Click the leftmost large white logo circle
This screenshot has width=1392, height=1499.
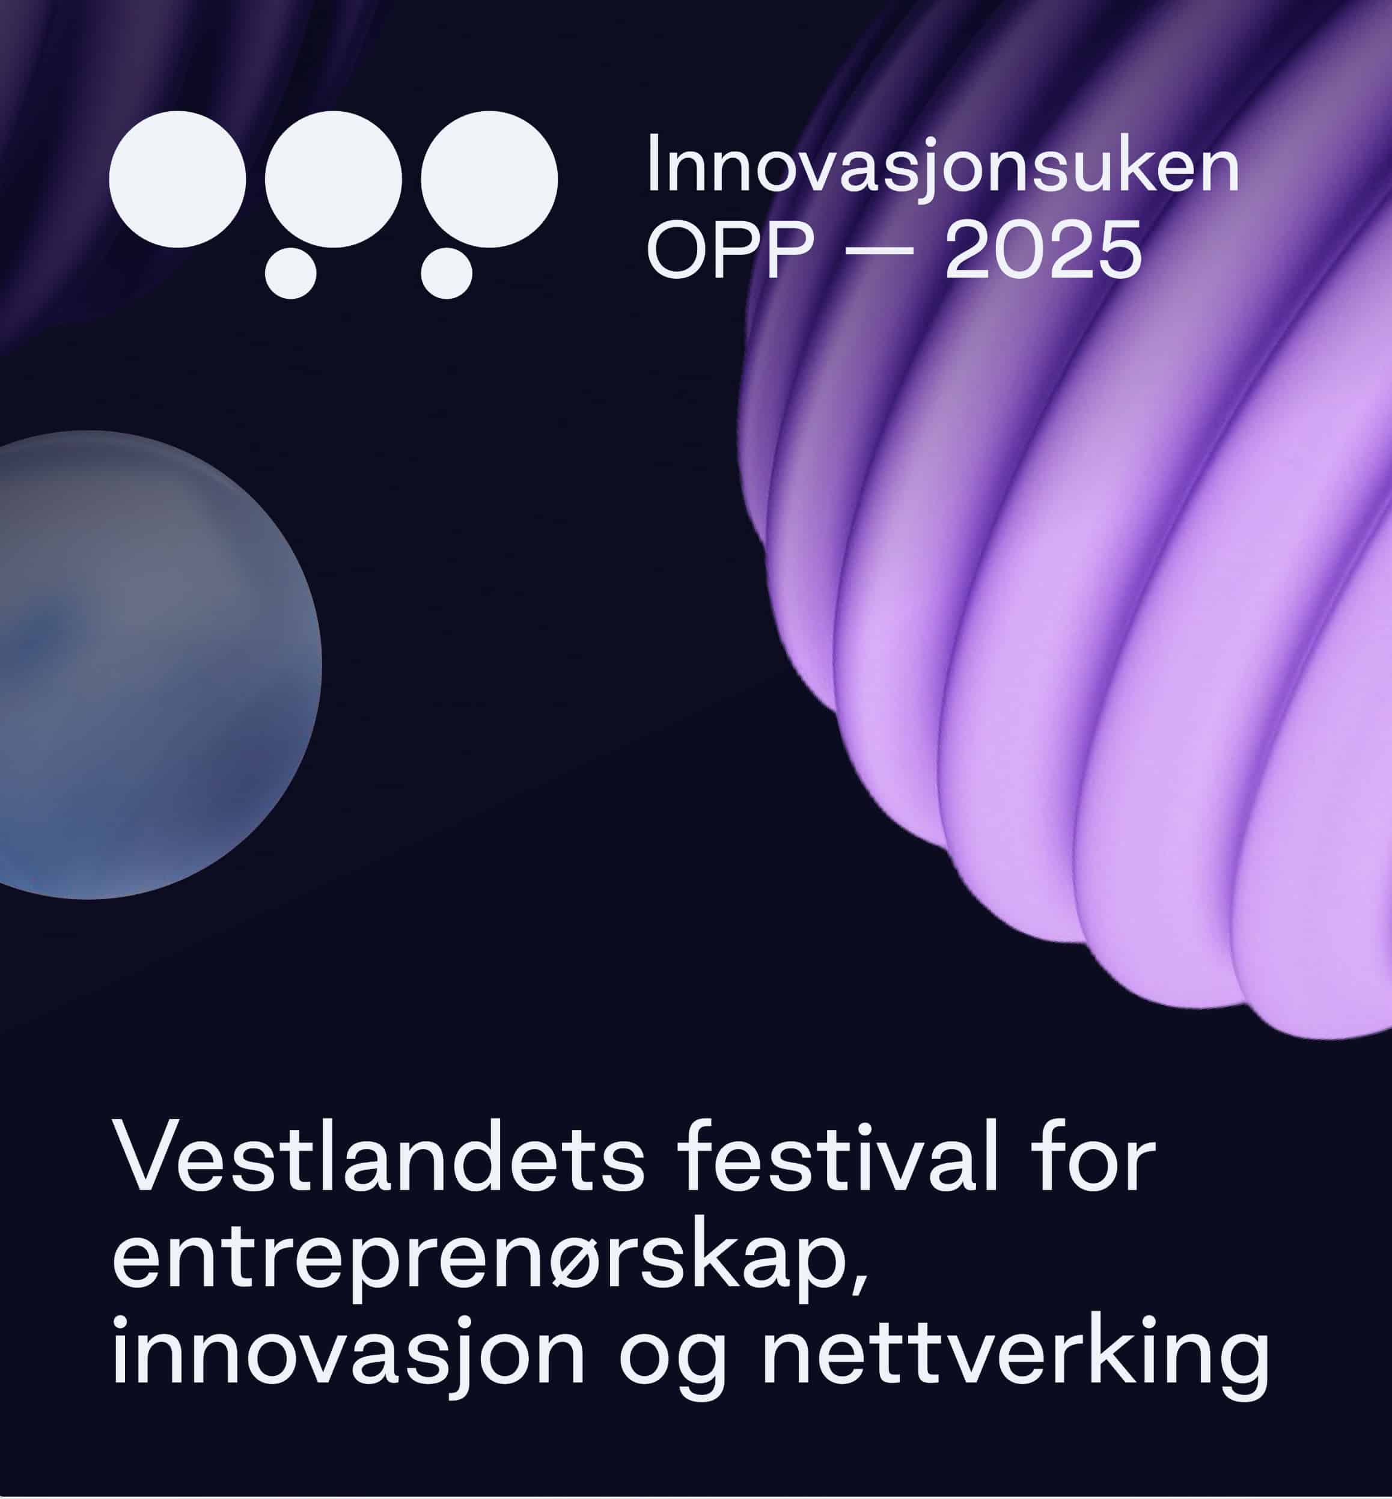point(178,179)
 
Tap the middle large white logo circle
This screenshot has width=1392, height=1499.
point(333,179)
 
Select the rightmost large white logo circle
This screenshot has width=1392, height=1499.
point(489,179)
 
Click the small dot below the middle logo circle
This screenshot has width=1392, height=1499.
point(291,273)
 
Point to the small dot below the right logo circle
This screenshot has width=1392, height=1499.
point(447,273)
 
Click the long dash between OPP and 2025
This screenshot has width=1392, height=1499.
point(879,250)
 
